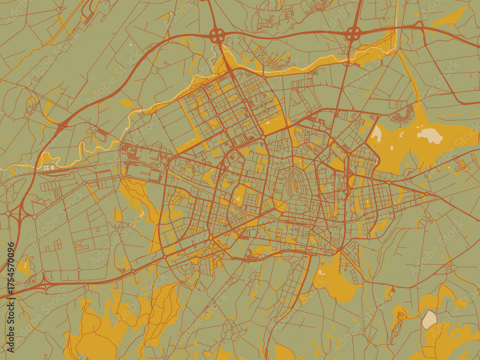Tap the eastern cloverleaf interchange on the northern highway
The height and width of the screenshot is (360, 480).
coord(353,34)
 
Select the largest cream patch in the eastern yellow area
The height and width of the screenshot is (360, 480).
coord(430,136)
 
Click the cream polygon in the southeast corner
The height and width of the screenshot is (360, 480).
coord(429,319)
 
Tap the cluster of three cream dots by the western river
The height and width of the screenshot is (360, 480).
coord(48,168)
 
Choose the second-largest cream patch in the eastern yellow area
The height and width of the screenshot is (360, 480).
coord(375,134)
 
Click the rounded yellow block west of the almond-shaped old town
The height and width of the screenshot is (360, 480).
coord(239,194)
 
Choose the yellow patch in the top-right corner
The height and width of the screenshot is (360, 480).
coord(451,17)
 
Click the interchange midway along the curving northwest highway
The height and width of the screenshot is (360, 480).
coord(62,126)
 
